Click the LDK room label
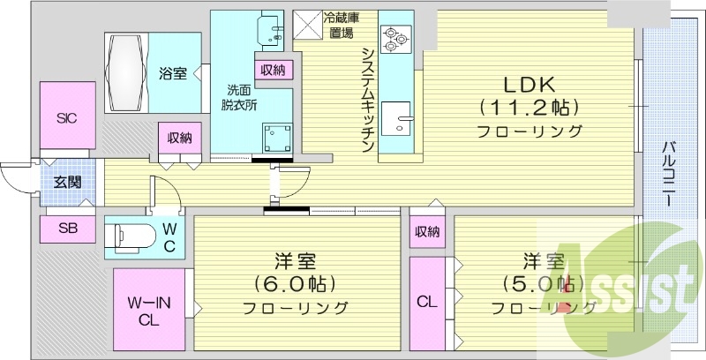click(529, 85)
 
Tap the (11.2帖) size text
click(529, 108)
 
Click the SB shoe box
click(67, 228)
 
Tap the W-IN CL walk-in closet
click(147, 311)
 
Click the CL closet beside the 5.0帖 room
click(427, 303)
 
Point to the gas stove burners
click(392, 36)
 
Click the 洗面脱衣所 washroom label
click(240, 96)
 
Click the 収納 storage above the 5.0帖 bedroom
click(427, 231)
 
